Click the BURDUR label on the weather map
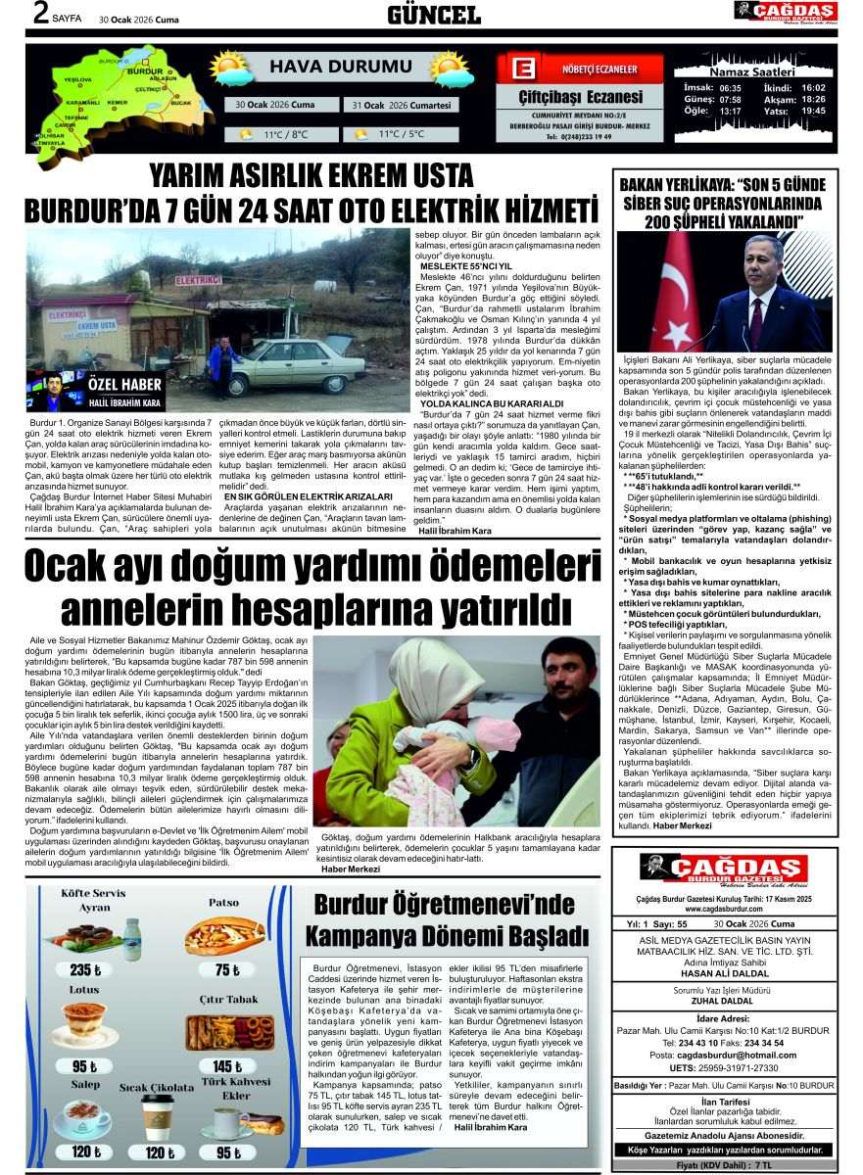(146, 71)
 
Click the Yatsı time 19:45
(813, 111)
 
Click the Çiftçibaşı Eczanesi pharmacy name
(581, 97)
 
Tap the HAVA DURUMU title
(327, 68)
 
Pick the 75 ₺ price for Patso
(227, 969)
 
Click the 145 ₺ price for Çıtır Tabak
(226, 1065)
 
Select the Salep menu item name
(84, 1084)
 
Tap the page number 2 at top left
(41, 14)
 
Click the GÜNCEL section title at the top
(434, 15)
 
